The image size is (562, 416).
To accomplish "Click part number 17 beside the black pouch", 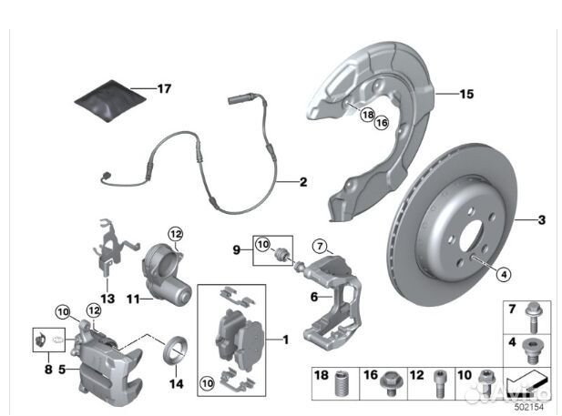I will click(x=164, y=89).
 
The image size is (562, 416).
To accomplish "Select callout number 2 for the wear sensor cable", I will click(x=303, y=181).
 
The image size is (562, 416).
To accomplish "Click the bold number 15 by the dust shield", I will click(x=466, y=94).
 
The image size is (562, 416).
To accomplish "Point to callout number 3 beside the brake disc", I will click(x=541, y=219).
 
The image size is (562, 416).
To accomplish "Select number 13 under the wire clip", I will click(x=108, y=298).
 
